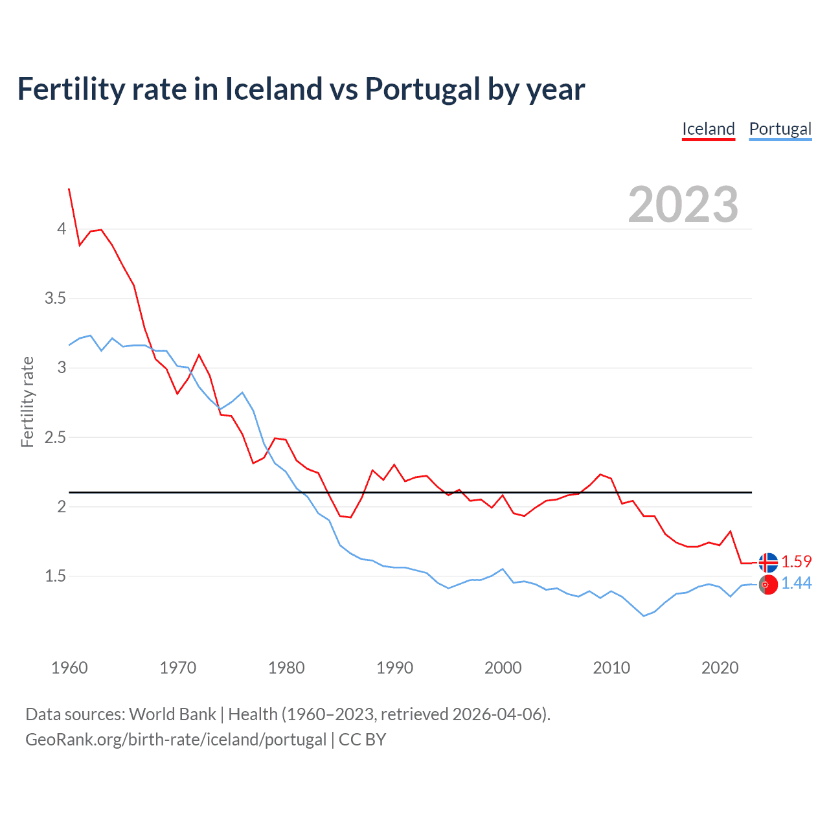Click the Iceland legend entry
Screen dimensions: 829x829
coord(708,129)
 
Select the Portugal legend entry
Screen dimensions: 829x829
coord(780,129)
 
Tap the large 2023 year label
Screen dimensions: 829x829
coord(683,205)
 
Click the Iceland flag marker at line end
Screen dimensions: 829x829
coord(768,562)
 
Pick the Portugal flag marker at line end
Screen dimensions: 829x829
coord(768,584)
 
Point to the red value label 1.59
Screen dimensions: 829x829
coord(796,562)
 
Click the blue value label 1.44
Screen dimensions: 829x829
coord(796,584)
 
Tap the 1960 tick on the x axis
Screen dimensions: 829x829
coord(69,668)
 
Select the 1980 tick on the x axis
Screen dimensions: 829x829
coord(286,668)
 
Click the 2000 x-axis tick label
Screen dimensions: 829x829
coord(503,668)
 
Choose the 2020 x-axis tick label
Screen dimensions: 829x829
coord(720,668)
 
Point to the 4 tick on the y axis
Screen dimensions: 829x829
coord(62,229)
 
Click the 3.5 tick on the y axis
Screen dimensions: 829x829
coord(55,299)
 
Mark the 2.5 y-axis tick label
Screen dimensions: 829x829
coord(55,437)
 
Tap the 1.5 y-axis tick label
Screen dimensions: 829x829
coord(55,576)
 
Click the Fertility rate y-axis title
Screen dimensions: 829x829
coord(27,402)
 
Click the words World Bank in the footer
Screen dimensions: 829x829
coord(172,714)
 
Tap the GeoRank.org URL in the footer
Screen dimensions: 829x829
coord(176,740)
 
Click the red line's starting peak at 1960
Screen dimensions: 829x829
coord(69,189)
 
